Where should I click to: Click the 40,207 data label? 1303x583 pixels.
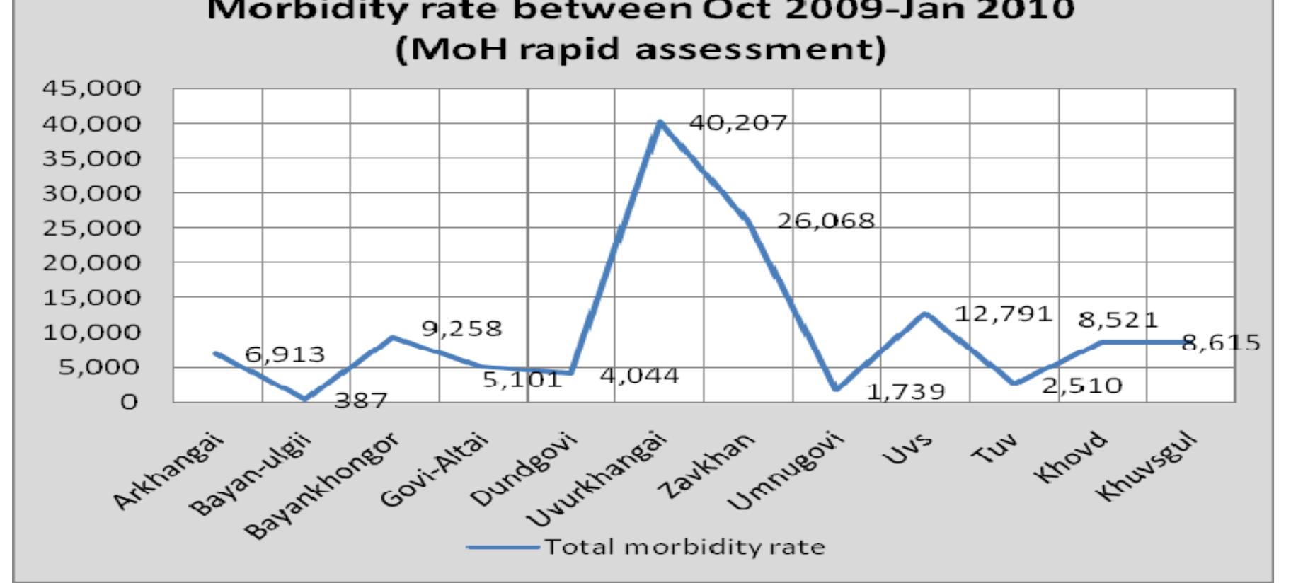point(738,123)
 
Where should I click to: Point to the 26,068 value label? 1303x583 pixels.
point(826,221)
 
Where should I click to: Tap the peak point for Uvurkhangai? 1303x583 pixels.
point(660,122)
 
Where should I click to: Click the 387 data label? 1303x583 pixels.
point(360,401)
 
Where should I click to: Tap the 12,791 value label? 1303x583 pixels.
point(1004,313)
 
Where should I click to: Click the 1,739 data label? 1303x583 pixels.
point(906,391)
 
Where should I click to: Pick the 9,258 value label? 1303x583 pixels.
point(461,328)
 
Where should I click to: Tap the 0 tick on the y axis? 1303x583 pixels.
point(128,402)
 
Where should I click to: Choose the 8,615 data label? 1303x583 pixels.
point(1221,343)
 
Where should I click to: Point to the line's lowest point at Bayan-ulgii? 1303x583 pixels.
point(305,399)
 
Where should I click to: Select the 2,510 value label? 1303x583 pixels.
point(1082,386)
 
